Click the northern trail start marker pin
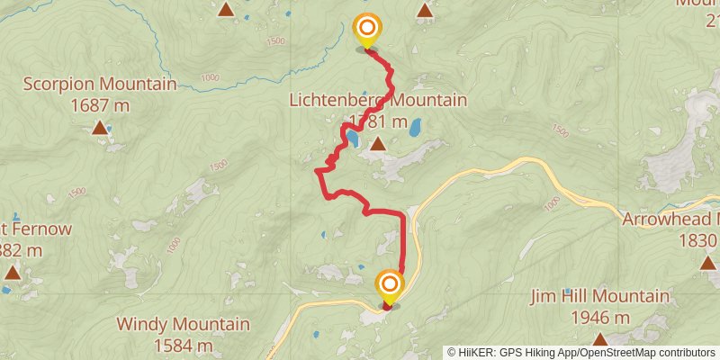[x=366, y=30]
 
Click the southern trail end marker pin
[x=390, y=287]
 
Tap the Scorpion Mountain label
[x=99, y=85]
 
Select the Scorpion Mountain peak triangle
[x=99, y=128]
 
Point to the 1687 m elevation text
[x=99, y=105]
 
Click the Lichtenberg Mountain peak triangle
[x=378, y=143]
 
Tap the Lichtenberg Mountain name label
[x=378, y=100]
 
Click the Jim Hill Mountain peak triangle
[x=599, y=338]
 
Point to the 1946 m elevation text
[x=599, y=317]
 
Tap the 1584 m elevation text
[x=184, y=345]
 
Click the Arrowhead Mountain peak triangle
[x=708, y=262]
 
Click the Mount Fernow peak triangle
[x=13, y=271]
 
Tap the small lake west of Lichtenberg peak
[x=355, y=140]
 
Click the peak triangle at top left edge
[x=226, y=10]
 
